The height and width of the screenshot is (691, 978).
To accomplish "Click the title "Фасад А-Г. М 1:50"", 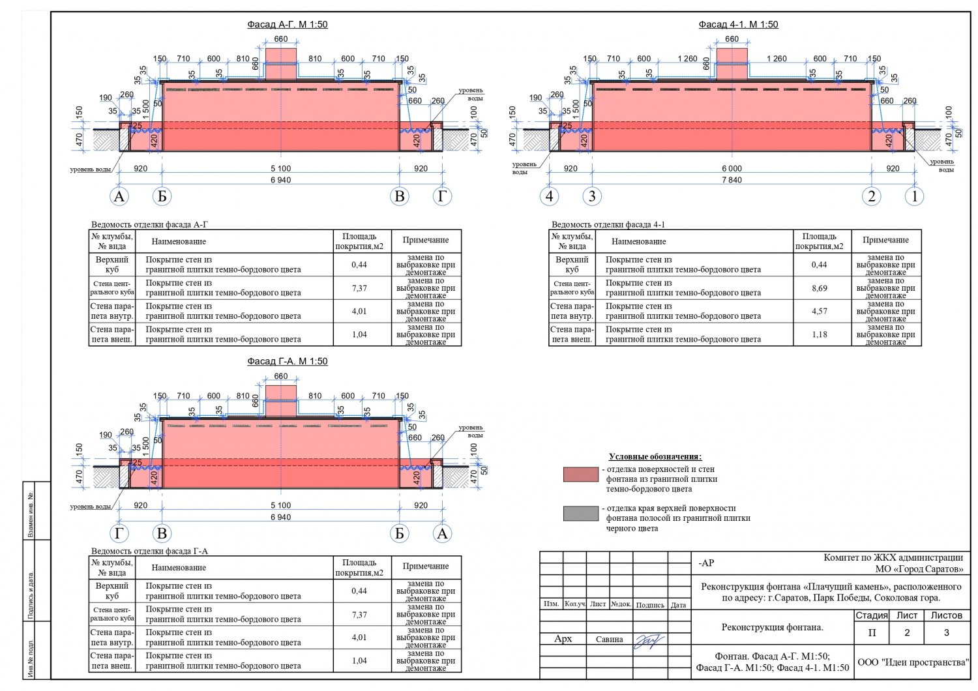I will click(287, 25).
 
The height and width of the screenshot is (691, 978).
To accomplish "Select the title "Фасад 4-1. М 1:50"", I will click(738, 25).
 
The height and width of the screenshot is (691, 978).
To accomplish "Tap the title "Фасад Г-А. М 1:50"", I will click(287, 361).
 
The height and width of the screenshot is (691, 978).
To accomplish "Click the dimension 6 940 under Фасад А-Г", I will click(280, 180).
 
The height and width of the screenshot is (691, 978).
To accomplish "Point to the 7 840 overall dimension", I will click(732, 180).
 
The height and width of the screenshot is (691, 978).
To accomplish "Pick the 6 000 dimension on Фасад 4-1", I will click(732, 168).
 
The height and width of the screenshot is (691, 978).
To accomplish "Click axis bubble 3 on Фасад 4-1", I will click(592, 196).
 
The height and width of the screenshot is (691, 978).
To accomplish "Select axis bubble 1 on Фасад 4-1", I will click(914, 196).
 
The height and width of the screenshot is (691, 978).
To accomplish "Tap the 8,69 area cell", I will click(819, 288).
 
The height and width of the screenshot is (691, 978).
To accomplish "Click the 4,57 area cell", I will click(819, 312).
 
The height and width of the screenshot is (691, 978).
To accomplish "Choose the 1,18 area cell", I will click(819, 334).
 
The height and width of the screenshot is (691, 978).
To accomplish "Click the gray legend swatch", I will click(580, 514).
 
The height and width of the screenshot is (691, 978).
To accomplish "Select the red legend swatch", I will click(580, 474).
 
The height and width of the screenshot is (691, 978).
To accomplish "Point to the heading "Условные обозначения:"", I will click(655, 457).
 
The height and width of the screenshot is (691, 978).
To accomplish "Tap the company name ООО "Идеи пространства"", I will click(913, 662).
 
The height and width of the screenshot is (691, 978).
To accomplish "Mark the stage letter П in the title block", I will click(872, 633).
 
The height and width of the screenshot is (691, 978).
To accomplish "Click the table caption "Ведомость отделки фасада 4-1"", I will click(608, 225).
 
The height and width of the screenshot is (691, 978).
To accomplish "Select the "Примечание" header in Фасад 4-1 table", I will click(885, 241).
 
